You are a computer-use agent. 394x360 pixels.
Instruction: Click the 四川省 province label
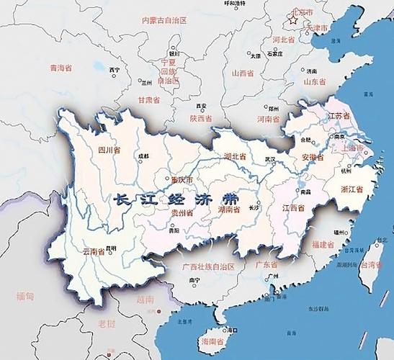click(108, 150)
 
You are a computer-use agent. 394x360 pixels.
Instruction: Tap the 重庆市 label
click(177, 180)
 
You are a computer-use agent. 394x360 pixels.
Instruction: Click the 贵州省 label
click(180, 214)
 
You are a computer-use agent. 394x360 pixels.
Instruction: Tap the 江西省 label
click(293, 208)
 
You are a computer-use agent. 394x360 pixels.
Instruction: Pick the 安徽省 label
click(312, 156)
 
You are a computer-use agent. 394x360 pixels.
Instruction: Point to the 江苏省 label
click(339, 115)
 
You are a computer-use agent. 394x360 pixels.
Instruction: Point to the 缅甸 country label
click(24, 295)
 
